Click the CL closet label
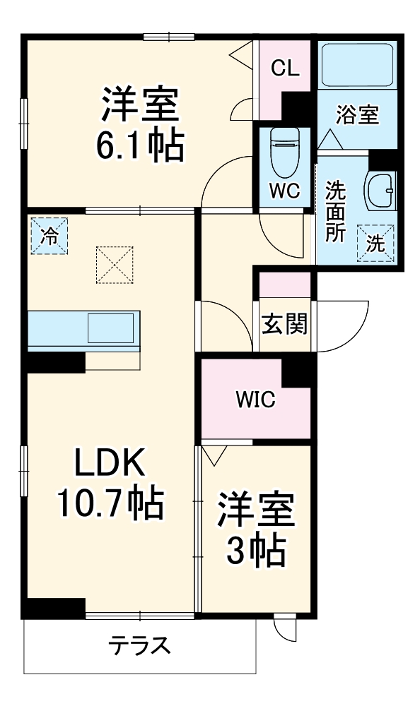click(286, 68)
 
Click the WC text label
click(286, 191)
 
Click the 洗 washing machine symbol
click(375, 244)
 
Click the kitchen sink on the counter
click(110, 329)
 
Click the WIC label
click(255, 400)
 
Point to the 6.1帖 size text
click(139, 145)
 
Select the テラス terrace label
click(139, 645)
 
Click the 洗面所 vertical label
click(335, 212)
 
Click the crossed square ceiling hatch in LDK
click(115, 264)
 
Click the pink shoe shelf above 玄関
click(285, 283)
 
